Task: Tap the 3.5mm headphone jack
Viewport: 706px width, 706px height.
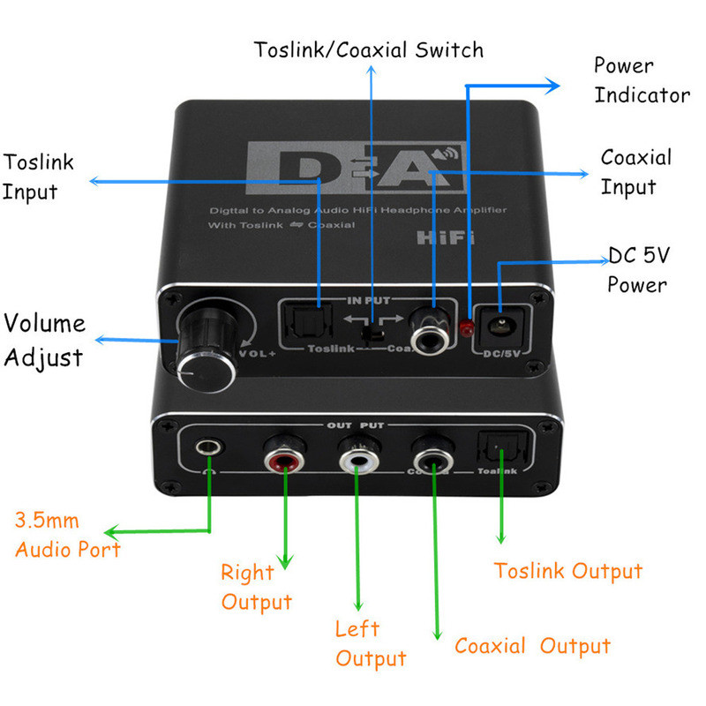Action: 209,447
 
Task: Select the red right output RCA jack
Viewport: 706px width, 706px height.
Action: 284,459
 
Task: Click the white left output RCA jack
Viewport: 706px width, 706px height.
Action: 358,460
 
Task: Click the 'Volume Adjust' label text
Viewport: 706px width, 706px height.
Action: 47,340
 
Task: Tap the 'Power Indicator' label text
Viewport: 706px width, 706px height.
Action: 641,79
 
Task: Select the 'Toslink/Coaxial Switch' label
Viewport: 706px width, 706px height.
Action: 369,49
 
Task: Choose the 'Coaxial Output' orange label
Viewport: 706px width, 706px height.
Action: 532,646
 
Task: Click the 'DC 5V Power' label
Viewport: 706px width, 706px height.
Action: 638,270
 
